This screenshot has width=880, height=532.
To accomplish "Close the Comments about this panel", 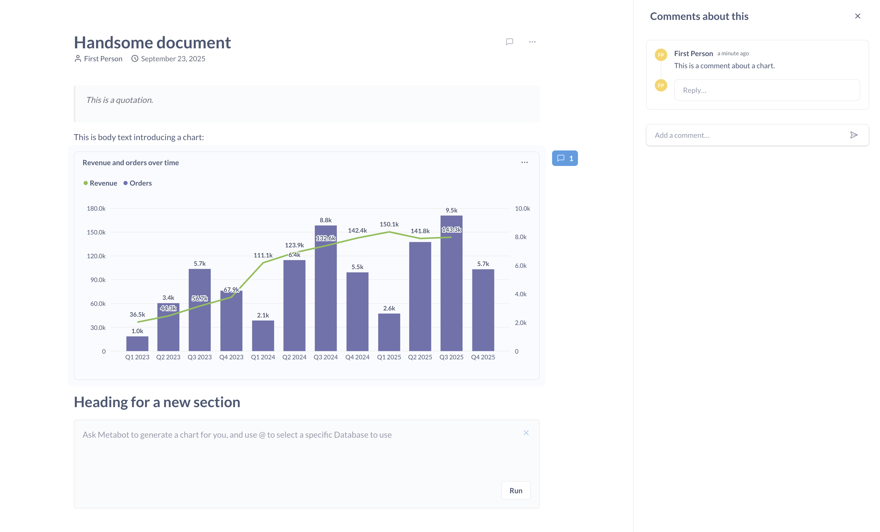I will click(x=857, y=16).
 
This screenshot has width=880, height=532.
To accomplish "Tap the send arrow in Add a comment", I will click(x=854, y=135).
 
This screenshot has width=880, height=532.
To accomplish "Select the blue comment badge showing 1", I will click(x=565, y=158).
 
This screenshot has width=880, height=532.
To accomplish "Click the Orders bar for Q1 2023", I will click(x=137, y=344).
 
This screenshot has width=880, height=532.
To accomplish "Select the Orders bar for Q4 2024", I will click(x=357, y=311).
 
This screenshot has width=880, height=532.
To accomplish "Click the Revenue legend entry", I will click(x=100, y=183).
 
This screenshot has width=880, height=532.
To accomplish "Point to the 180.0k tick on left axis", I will click(x=96, y=208).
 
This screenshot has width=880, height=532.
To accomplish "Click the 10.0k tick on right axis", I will click(x=522, y=208).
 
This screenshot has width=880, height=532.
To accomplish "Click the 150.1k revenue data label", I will click(x=389, y=224).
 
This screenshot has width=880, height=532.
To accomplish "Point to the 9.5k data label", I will click(x=451, y=210).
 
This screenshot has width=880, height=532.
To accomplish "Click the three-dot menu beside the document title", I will click(x=532, y=42).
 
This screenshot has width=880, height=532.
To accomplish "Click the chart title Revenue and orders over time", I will click(x=131, y=162).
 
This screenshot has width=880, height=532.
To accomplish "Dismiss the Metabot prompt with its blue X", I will click(x=526, y=433).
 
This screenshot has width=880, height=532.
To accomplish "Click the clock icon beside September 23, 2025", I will click(x=135, y=58).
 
